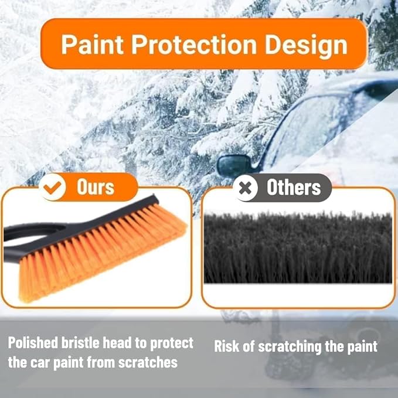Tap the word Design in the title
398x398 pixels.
pos(307,45)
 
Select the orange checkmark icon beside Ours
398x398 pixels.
pos(53,188)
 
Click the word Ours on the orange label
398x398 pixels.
pos(96,188)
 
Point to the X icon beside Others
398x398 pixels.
pos(246,188)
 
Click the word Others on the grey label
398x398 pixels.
pos(294,188)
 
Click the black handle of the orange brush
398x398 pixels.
pos(18,234)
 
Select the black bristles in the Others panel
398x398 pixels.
pos(298,249)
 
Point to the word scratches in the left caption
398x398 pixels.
pos(149,362)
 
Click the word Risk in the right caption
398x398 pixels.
pos(227,346)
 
